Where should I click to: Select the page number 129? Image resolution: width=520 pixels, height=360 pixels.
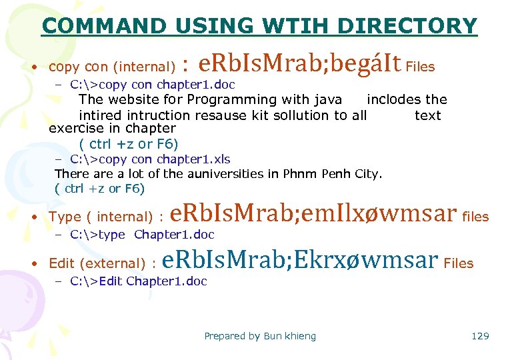(x=480, y=336)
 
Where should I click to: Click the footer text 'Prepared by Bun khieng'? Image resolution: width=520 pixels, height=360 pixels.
(x=260, y=336)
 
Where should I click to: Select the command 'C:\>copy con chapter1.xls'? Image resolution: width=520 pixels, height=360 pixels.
(x=150, y=159)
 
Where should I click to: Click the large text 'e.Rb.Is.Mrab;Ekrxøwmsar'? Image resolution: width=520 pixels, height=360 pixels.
(x=300, y=260)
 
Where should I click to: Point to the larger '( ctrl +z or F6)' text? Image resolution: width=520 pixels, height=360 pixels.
(x=129, y=143)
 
